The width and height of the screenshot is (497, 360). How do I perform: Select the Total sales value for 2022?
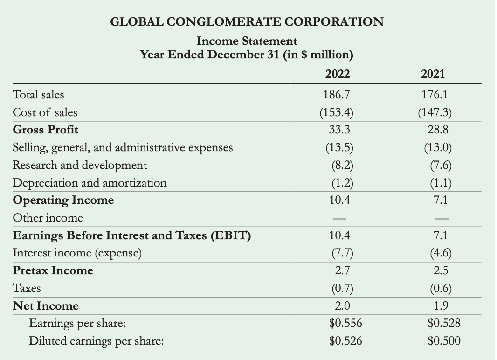[337, 95]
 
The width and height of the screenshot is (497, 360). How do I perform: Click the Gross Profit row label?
[45, 129]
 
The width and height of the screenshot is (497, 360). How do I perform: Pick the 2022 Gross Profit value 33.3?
[337, 129]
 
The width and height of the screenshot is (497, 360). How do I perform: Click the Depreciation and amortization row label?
[90, 183]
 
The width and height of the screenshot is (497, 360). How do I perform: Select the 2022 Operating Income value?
[337, 200]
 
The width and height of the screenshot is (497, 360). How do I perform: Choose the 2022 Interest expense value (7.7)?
[337, 253]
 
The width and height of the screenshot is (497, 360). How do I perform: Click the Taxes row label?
[26, 288]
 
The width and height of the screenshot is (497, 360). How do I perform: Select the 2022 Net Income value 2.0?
[337, 306]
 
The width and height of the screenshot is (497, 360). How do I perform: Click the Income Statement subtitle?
[247, 41]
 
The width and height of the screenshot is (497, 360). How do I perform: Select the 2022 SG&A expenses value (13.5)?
[337, 147]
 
